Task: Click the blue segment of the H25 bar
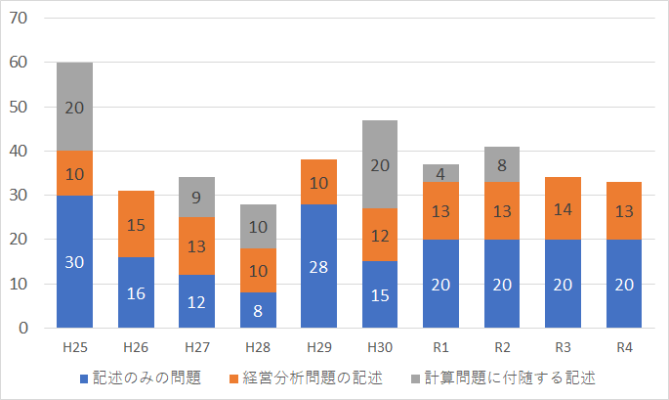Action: (x=75, y=261)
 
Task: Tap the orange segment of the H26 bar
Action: (x=137, y=224)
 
